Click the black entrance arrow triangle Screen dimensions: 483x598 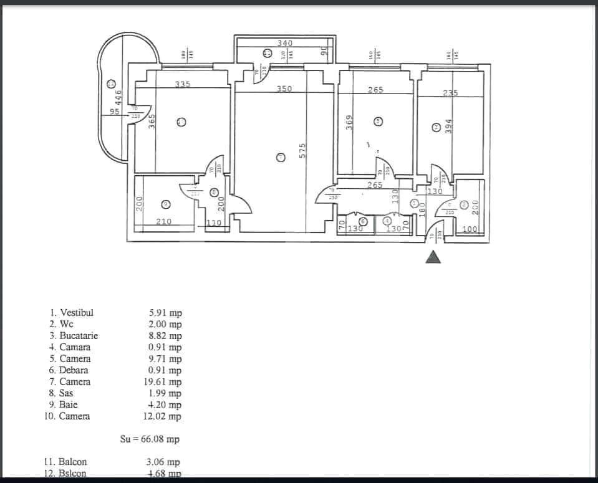tap(433, 257)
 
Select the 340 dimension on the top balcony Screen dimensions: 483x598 tap(284, 43)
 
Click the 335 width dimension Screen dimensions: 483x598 tap(182, 85)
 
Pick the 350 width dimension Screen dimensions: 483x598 tap(284, 89)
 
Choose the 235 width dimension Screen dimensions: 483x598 tap(450, 93)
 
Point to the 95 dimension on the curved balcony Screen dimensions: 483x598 tap(114, 112)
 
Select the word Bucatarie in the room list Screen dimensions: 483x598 tap(79, 335)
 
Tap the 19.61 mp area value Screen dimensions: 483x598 tap(165, 382)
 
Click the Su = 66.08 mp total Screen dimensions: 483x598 tap(150, 439)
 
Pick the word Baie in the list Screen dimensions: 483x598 tap(69, 404)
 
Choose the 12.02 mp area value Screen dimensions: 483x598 tap(165, 416)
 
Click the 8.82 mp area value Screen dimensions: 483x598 tap(165, 336)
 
